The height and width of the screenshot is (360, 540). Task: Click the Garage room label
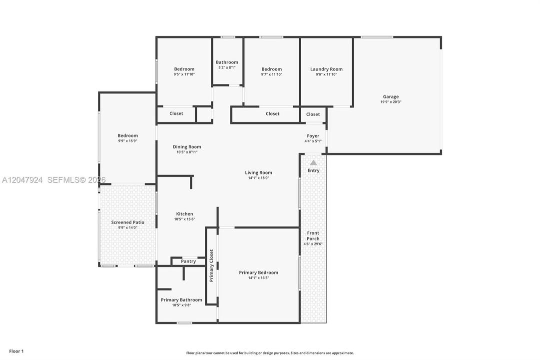tap(391, 97)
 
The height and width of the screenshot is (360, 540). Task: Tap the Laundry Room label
tap(327, 69)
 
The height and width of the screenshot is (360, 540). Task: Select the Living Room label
tap(259, 172)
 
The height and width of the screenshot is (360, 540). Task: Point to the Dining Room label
tap(187, 146)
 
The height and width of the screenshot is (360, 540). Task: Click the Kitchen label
tap(185, 214)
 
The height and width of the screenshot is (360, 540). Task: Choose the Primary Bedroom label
tap(259, 272)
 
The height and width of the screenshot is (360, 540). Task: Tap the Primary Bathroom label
tap(181, 299)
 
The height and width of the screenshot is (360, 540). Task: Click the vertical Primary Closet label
tap(211, 265)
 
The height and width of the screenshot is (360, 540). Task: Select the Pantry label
tap(188, 261)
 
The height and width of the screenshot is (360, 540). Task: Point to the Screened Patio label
tap(128, 222)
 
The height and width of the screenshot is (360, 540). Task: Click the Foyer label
tap(313, 136)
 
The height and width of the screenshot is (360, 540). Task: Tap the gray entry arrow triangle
tap(313, 163)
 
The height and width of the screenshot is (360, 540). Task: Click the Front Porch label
tap(313, 236)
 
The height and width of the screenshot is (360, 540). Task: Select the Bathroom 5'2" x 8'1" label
tap(227, 64)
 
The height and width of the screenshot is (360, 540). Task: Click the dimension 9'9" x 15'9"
tap(128, 141)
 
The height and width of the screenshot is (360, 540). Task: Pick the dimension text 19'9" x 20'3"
tap(391, 102)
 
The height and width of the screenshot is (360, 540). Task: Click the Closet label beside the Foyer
tap(313, 114)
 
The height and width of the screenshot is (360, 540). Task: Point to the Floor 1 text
tap(16, 351)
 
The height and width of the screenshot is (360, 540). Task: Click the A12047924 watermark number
tap(22, 179)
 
